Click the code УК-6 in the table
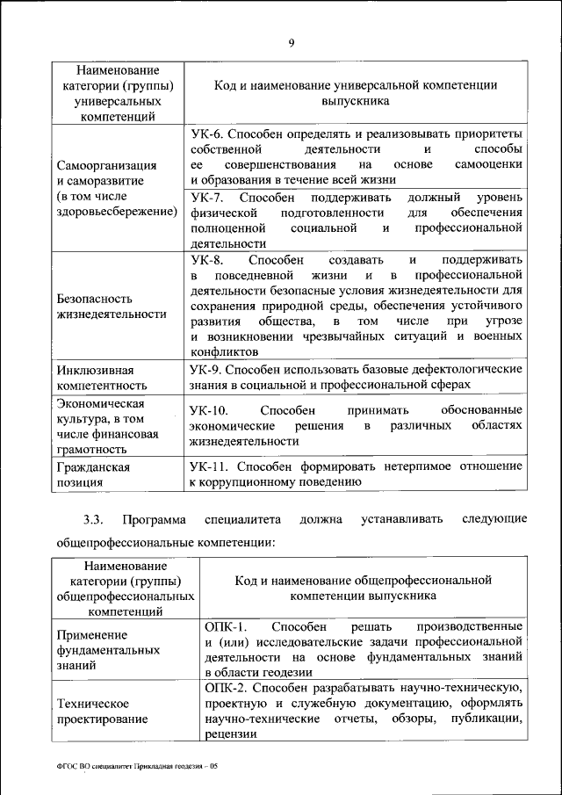point(208,134)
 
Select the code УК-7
point(208,198)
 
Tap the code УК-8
point(208,260)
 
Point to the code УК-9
point(208,370)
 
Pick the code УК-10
point(211,410)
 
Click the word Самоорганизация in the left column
point(106,165)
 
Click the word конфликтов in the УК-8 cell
point(224,349)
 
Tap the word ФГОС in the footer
point(67,767)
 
